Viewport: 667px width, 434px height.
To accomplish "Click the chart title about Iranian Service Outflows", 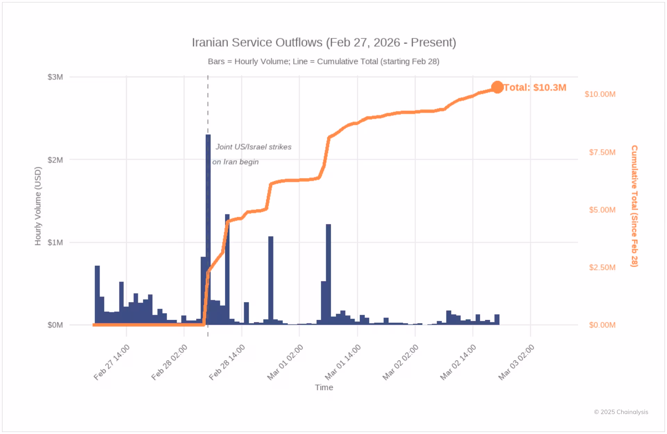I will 324,42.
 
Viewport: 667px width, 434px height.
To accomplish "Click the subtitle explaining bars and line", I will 323,62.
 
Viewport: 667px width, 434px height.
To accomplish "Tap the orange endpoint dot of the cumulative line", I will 497,87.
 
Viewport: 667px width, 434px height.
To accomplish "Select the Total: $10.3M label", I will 535,87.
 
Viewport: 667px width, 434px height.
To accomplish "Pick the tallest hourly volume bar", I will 208,230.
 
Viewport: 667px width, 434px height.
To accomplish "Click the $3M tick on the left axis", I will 55,77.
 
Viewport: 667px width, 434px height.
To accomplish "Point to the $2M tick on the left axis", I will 55,160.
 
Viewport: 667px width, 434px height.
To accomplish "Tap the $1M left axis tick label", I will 55,242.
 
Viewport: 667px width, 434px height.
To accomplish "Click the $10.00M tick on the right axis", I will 600,94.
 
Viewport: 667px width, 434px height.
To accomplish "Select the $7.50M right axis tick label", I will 602,152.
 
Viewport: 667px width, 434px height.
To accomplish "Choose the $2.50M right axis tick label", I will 602,267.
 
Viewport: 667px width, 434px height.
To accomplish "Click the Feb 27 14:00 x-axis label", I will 112,362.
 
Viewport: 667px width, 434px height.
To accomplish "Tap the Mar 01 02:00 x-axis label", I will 285,362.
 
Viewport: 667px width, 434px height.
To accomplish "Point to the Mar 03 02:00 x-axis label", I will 516,362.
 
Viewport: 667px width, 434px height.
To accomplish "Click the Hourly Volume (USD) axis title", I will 38,206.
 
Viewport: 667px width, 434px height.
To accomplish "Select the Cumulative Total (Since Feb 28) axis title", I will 634,206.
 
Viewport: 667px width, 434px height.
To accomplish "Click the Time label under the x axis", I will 324,387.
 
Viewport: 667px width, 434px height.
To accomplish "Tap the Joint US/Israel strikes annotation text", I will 253,147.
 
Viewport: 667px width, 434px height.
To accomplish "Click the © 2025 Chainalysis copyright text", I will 621,412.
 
